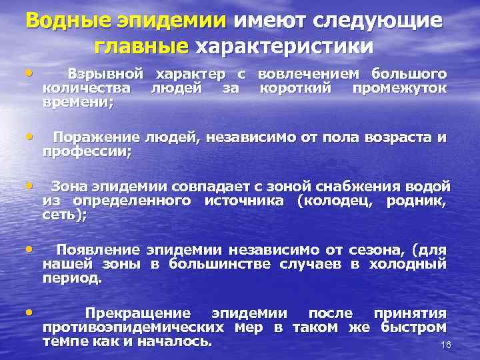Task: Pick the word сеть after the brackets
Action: point(63,215)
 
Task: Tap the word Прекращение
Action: point(137,313)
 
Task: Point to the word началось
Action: point(179,341)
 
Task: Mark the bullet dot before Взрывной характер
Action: point(29,71)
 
